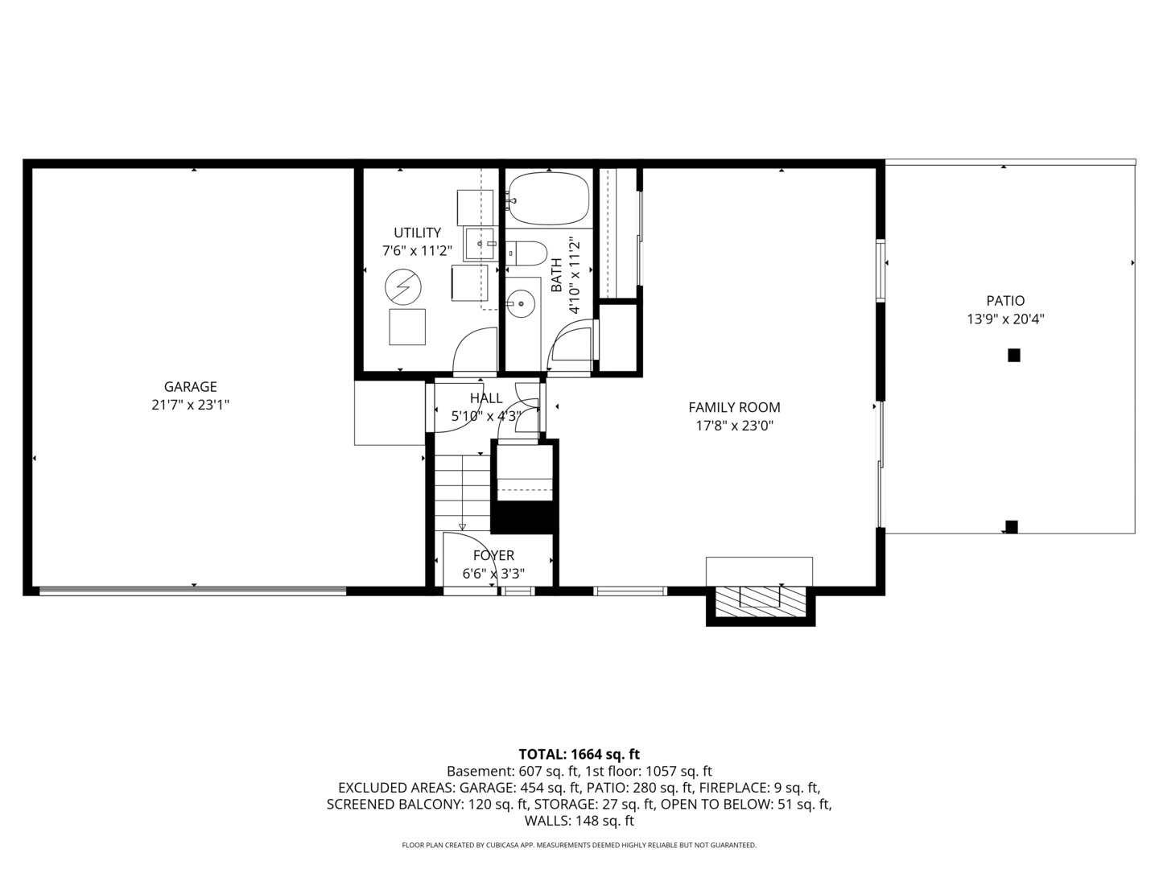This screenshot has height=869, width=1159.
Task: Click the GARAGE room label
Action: tap(191, 387)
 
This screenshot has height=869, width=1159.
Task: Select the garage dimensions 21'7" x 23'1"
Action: tap(191, 406)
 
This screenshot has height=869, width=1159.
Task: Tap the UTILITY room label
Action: tap(417, 233)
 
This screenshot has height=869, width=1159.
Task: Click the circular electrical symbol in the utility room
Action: tap(402, 285)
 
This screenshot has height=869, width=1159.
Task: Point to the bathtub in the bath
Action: tap(548, 200)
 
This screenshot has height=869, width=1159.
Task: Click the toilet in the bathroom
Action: tap(528, 253)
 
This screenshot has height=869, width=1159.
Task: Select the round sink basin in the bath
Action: tap(522, 304)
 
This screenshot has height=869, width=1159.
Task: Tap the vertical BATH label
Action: tap(556, 274)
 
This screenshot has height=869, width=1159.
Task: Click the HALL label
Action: tap(486, 398)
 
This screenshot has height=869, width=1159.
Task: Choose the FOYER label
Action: tap(493, 556)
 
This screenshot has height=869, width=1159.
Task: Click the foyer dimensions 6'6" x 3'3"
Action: tap(493, 575)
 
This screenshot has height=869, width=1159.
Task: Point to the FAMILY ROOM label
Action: tap(734, 408)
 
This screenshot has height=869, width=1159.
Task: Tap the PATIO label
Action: tap(1005, 301)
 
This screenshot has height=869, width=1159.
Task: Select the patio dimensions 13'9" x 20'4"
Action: tap(1005, 319)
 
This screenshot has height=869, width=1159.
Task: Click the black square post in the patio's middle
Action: tap(1014, 355)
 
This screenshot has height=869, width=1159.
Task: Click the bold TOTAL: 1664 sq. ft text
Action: tap(579, 755)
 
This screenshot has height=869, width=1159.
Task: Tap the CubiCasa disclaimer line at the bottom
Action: tap(579, 846)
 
